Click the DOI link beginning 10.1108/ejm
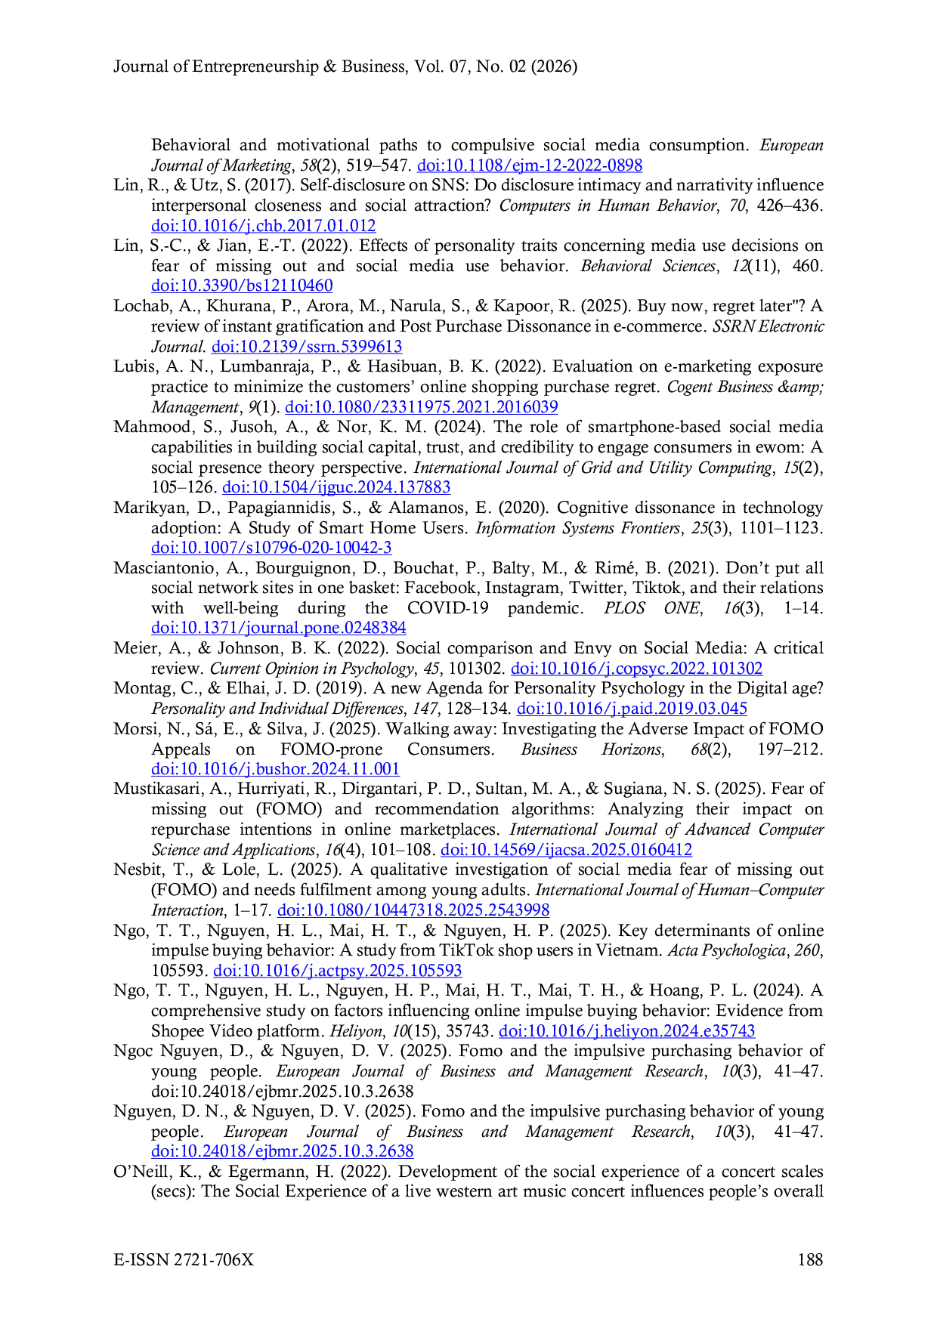tap(530, 165)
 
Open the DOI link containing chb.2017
tap(264, 225)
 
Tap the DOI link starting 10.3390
tap(243, 286)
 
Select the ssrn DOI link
tap(307, 347)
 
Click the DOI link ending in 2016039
tap(422, 407)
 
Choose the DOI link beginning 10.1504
tap(336, 487)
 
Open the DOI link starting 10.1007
tap(271, 548)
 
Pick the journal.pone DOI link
tap(280, 628)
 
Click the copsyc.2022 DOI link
tap(636, 669)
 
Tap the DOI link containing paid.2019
tap(632, 709)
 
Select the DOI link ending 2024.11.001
tap(275, 770)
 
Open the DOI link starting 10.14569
tap(566, 850)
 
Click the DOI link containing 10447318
tap(413, 910)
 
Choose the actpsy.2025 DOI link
tap(337, 971)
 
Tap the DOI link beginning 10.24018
tap(283, 1151)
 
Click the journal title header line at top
tap(345, 66)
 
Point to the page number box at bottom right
tap(812, 1259)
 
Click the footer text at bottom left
tap(181, 1259)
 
